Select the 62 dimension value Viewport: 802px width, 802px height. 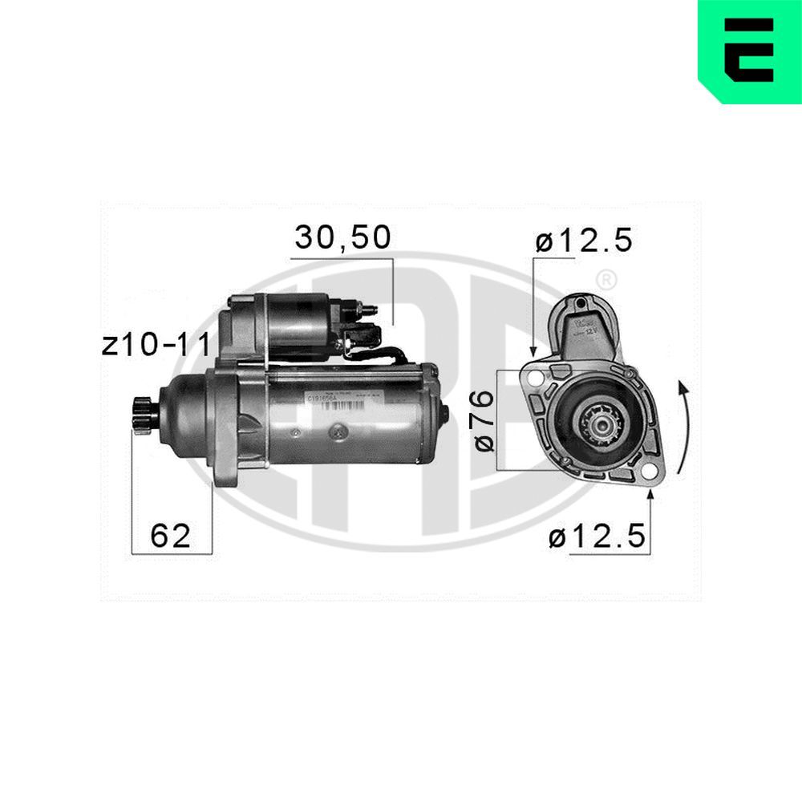pyautogui.click(x=171, y=535)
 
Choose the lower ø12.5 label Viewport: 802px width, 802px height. pyautogui.click(x=597, y=538)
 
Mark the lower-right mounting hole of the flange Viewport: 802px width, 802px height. pyautogui.click(x=646, y=473)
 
